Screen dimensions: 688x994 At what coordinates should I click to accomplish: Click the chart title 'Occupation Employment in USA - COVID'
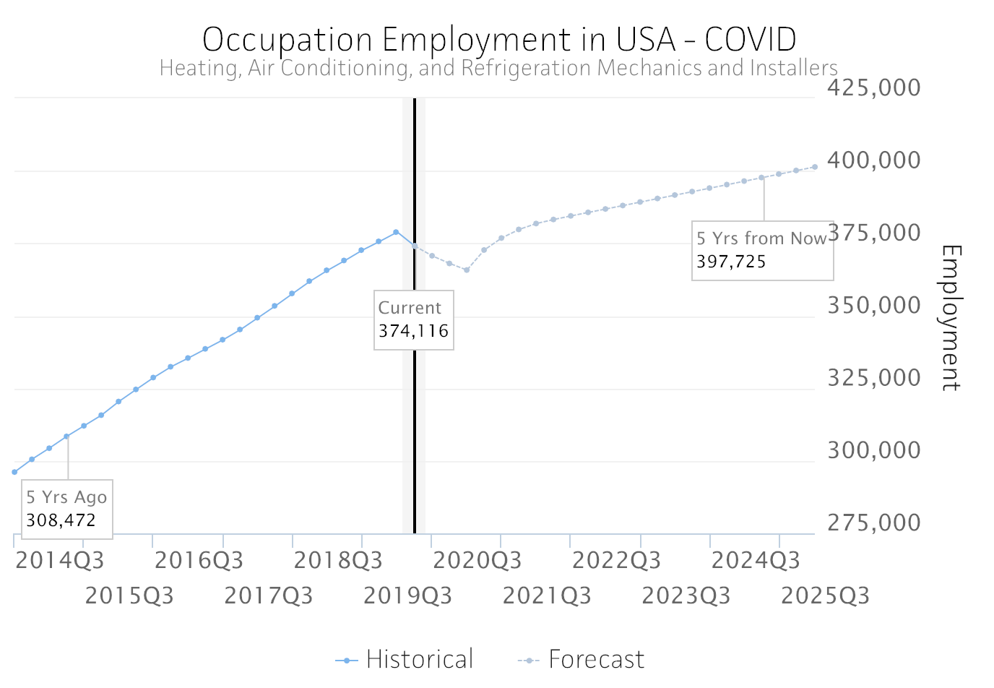click(x=498, y=39)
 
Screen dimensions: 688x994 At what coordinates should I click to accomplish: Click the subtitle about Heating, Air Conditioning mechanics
click(x=498, y=68)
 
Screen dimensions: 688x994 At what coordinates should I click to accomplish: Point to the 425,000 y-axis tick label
click(x=873, y=87)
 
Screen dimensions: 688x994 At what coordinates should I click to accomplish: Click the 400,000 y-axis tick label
click(x=873, y=160)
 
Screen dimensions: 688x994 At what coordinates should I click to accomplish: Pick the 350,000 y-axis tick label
click(x=873, y=305)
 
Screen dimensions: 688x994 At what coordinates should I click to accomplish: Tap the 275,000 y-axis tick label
click(x=873, y=523)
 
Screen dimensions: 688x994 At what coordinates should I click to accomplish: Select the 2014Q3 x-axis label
click(x=60, y=560)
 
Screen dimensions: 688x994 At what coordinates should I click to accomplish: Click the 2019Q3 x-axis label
click(x=407, y=595)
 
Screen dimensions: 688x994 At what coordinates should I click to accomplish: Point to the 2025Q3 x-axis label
click(x=825, y=595)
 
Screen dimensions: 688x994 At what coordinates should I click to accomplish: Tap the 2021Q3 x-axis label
click(x=547, y=595)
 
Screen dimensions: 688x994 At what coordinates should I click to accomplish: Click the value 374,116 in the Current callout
click(x=413, y=331)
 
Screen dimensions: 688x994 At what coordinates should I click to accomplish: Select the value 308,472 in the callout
click(x=61, y=520)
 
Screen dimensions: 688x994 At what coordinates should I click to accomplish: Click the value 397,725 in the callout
click(x=731, y=262)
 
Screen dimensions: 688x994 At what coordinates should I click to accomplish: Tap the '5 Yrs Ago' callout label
click(x=66, y=497)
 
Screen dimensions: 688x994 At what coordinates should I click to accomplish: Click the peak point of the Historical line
click(x=396, y=232)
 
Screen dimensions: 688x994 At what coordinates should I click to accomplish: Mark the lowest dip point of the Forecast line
click(x=467, y=270)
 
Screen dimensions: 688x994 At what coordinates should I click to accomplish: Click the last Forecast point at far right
click(x=815, y=167)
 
